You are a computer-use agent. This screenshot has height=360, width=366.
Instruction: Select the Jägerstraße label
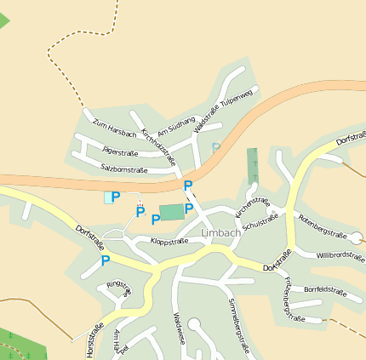point(119,151)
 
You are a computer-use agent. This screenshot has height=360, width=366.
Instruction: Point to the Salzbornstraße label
point(124,169)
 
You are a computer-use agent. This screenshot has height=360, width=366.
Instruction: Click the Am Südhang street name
point(176,125)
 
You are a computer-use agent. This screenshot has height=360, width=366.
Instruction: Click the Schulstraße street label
point(260,222)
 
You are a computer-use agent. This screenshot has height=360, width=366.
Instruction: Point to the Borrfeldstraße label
point(325,291)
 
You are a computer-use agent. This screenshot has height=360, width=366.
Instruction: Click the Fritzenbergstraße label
point(290,299)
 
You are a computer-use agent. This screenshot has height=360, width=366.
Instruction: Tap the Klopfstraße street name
point(169,242)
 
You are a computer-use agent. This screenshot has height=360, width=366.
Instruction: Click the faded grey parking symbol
point(216,147)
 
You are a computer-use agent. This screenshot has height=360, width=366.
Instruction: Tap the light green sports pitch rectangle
point(171,212)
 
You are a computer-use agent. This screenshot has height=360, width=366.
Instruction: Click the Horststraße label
point(89,338)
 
